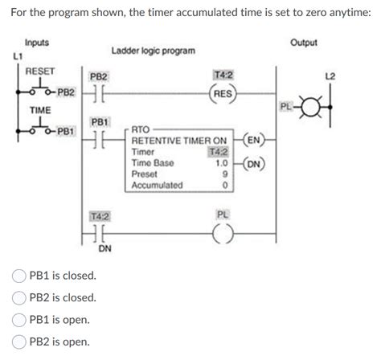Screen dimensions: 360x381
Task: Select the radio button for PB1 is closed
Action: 18,276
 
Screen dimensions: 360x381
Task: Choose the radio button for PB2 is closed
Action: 18,297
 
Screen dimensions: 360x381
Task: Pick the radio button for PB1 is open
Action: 18,319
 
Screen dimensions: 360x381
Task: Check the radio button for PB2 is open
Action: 18,341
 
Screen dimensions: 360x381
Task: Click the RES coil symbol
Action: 223,92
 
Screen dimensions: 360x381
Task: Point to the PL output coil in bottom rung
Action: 223,234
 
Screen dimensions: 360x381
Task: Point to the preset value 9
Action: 227,173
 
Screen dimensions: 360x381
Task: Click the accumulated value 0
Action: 227,185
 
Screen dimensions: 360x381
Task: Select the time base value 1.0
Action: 223,162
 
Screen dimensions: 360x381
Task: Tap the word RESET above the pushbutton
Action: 40,72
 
